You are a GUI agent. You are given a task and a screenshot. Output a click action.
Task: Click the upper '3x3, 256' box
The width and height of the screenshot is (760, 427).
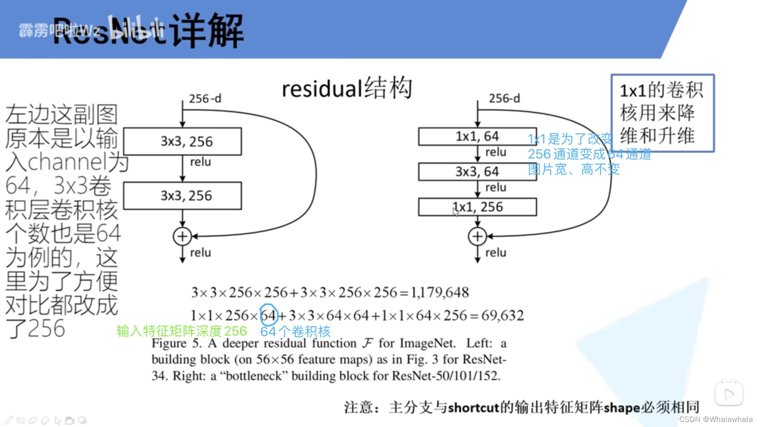(182, 141)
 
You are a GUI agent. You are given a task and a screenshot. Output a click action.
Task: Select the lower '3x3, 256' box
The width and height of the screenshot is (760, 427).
(182, 196)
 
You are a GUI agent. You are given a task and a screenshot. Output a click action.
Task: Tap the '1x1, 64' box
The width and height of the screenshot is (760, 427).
(477, 137)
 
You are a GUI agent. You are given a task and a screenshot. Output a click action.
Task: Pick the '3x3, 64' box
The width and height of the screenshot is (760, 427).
(477, 172)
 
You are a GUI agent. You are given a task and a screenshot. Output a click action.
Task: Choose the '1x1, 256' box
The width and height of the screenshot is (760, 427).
(477, 207)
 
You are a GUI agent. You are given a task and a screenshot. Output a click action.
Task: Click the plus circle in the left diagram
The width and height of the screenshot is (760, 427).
(182, 236)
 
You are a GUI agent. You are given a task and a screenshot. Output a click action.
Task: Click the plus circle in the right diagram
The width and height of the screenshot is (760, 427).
(477, 236)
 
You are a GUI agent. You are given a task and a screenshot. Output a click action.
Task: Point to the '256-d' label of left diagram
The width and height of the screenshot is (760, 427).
(205, 99)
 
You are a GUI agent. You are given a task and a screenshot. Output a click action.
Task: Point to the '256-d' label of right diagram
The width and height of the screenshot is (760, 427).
(504, 98)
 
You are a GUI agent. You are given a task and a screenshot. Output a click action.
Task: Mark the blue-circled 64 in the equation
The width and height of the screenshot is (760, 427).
(269, 316)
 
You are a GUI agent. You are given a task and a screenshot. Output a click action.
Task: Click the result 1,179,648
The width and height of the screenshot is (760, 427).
(439, 292)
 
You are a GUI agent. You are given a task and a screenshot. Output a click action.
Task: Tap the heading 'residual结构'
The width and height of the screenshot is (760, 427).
(347, 88)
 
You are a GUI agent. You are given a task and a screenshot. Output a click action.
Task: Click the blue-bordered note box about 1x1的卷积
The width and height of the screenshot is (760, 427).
(662, 113)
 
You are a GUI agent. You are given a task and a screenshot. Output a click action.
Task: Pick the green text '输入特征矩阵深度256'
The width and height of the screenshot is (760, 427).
(182, 331)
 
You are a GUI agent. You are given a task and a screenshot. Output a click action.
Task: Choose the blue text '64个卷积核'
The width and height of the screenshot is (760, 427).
(295, 332)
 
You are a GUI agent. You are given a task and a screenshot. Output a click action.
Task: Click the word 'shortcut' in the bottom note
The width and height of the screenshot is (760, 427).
(473, 407)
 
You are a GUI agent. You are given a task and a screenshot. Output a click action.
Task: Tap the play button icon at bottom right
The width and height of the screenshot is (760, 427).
(729, 393)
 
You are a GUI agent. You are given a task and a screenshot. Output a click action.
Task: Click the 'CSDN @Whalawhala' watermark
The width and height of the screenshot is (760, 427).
(716, 419)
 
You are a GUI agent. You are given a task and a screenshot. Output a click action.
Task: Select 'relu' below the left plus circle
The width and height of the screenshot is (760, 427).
(200, 253)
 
